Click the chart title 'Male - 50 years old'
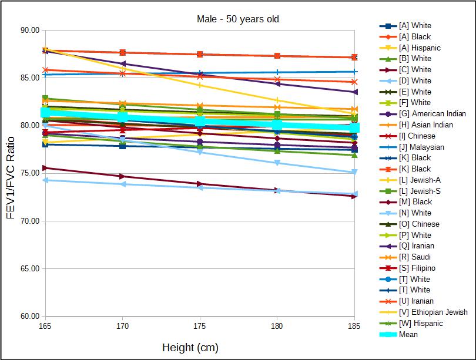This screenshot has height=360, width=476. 237,19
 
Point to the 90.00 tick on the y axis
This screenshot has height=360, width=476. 29,30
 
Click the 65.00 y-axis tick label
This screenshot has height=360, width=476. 29,268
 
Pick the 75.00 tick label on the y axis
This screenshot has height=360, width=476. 29,173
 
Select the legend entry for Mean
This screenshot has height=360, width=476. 408,334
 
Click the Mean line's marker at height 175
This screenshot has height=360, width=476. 200,122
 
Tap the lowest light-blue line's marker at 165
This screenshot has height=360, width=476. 45,180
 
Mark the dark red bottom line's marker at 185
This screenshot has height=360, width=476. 354,196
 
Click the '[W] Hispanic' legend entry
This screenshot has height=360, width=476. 420,323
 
